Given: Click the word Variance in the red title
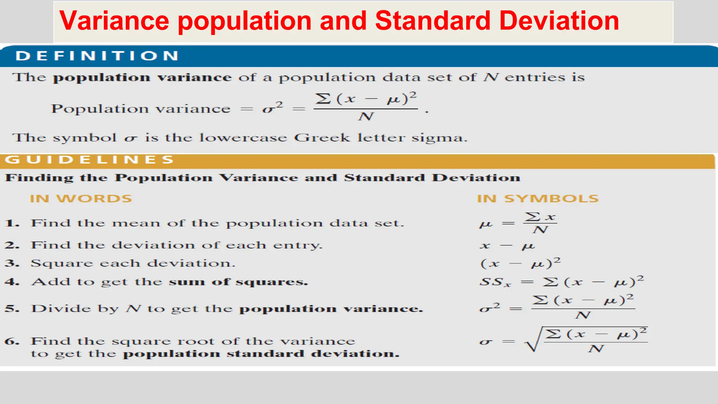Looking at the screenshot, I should click(x=114, y=21).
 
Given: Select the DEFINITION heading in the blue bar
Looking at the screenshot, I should click(x=97, y=56).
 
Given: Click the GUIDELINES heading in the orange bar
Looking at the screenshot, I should click(x=89, y=160).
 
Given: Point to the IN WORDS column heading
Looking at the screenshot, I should click(x=81, y=198).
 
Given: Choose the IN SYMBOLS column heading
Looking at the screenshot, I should click(x=538, y=198).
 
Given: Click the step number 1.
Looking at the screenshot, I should click(x=12, y=223).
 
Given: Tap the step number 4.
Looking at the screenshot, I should click(x=12, y=282).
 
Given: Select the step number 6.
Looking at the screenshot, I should click(x=12, y=341).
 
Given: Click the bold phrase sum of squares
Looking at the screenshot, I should click(x=238, y=282).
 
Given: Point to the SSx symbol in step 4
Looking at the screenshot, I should click(x=495, y=282).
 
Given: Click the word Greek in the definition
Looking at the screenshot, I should click(x=321, y=138).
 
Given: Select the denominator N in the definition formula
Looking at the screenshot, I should click(x=366, y=116).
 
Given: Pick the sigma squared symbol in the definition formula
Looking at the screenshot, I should click(x=272, y=108).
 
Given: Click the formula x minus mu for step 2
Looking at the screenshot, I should click(x=507, y=245).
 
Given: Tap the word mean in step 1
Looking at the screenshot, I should click(x=136, y=223).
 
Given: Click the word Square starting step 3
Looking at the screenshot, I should click(x=62, y=263).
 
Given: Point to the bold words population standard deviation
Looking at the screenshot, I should click(x=261, y=353).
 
